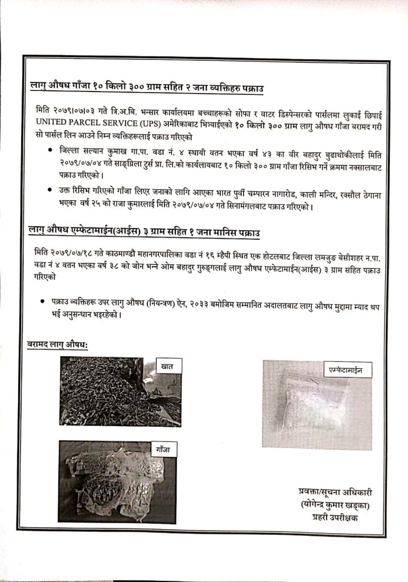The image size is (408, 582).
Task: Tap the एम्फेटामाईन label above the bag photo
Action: point(341,370)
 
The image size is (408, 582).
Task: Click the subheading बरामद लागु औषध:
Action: point(61,345)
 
